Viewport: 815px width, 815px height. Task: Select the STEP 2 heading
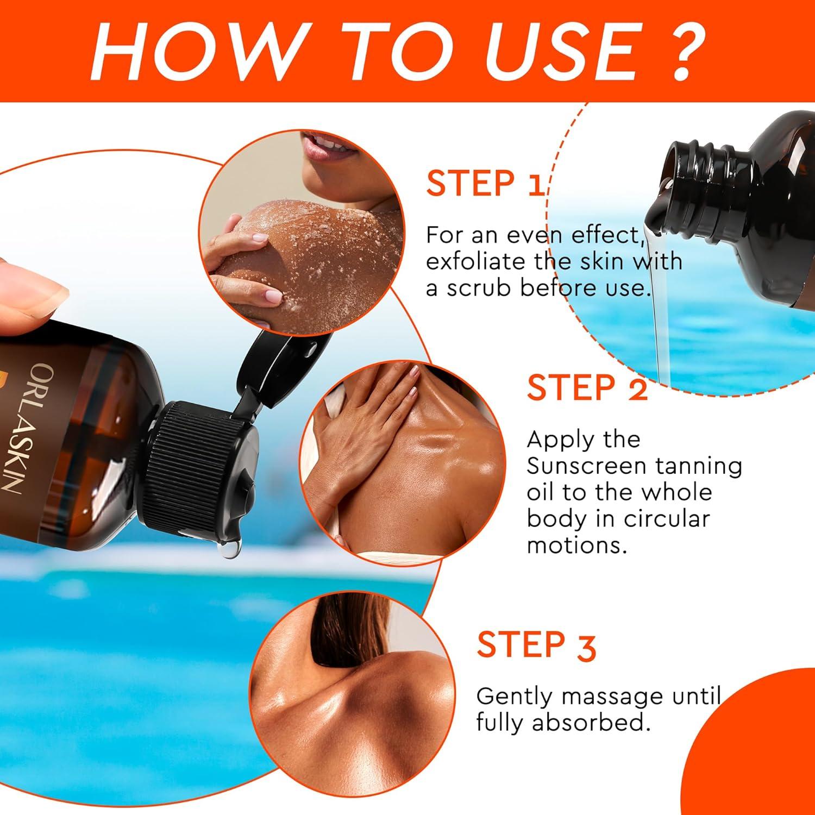587,388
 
